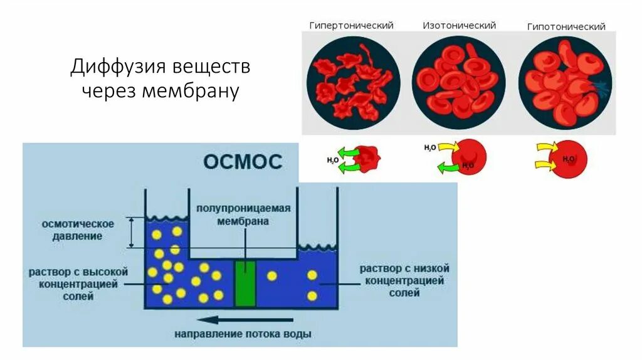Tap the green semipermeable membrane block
point(245,284)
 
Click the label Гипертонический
point(351,26)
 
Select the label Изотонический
point(459,26)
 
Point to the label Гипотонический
point(566,27)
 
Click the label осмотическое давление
point(78,230)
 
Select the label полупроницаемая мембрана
point(243,214)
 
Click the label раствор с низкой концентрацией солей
point(404,280)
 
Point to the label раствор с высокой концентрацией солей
point(78,283)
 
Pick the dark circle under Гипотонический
point(566,82)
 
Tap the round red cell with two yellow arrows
point(568,158)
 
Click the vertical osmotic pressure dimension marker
point(130,232)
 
